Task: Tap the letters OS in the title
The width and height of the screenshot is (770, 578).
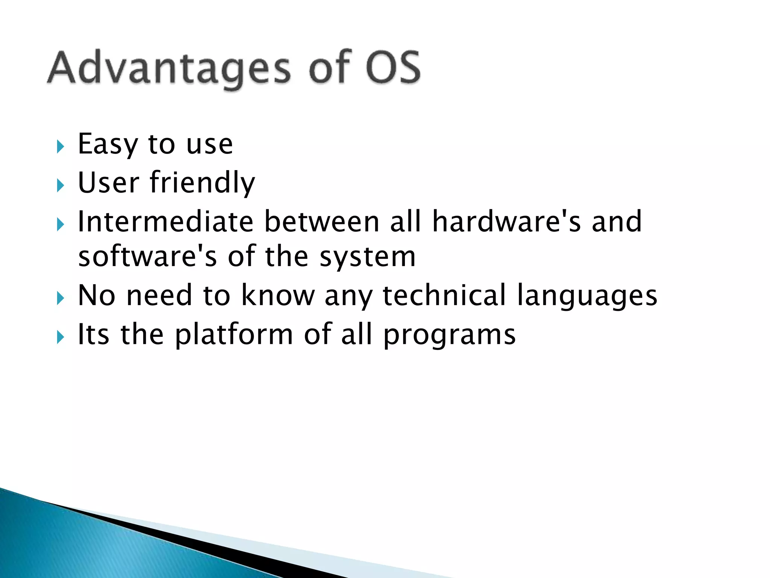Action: click(x=393, y=68)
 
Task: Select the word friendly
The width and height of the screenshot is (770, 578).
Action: click(x=203, y=183)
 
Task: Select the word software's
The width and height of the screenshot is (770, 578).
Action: click(x=147, y=257)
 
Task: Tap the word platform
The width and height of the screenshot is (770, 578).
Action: click(x=234, y=335)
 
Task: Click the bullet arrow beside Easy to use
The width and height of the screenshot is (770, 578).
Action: click(x=60, y=146)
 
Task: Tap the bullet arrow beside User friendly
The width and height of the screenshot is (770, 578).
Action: click(x=60, y=185)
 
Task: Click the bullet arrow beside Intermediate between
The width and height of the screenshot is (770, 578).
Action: click(x=60, y=225)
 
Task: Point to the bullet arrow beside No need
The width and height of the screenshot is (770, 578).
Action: click(x=60, y=298)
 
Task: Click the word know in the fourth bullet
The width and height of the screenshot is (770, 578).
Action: click(x=277, y=295)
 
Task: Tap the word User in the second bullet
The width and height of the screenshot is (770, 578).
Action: click(x=108, y=183)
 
